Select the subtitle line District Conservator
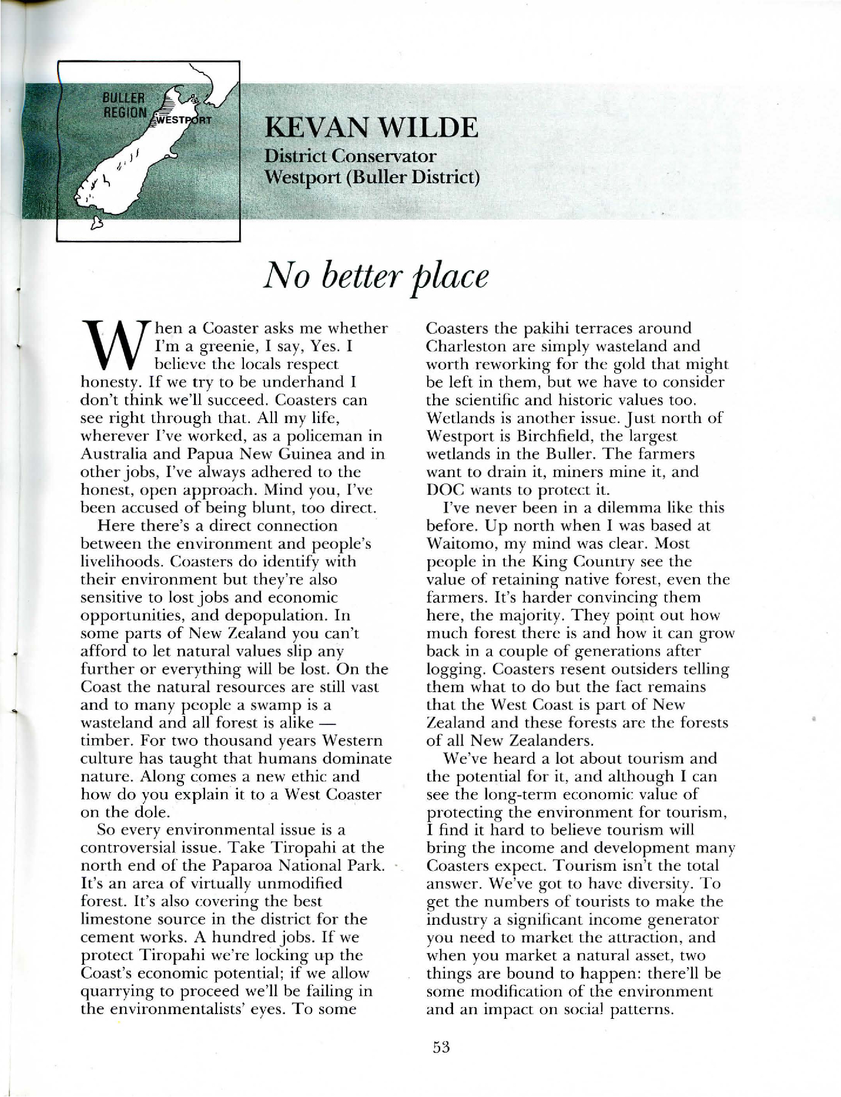350,156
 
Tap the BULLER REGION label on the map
125,105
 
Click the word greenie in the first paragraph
219,346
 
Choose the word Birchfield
555,436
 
